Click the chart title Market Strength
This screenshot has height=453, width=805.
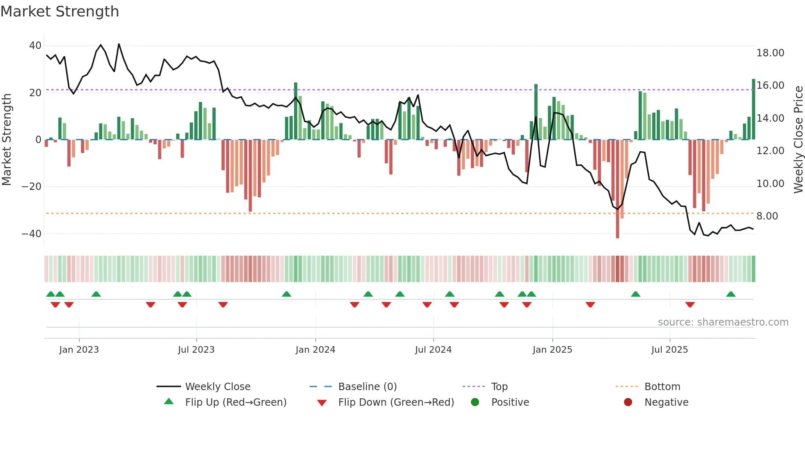point(60,12)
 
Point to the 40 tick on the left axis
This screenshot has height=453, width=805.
point(35,46)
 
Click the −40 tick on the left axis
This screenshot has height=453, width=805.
point(32,233)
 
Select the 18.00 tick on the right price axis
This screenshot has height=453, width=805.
point(770,53)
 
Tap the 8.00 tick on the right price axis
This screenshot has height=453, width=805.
point(767,216)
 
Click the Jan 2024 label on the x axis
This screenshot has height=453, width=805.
point(315,350)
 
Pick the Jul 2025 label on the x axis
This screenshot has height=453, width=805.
point(669,350)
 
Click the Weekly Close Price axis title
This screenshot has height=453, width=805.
point(798,139)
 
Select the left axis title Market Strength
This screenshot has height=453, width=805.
point(7,139)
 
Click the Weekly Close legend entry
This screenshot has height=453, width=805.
point(217,387)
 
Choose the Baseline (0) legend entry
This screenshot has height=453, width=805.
point(367,387)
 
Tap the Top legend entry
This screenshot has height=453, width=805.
point(499,387)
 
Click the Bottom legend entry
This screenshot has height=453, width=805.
point(662,387)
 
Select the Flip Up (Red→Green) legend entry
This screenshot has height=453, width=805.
point(235,402)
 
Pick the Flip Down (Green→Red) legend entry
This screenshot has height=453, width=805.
point(396,402)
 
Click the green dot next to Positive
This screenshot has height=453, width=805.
point(475,402)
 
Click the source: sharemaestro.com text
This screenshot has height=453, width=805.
point(723,322)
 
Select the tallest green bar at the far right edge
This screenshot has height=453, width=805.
point(754,109)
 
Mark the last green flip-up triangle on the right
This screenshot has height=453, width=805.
point(731,294)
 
